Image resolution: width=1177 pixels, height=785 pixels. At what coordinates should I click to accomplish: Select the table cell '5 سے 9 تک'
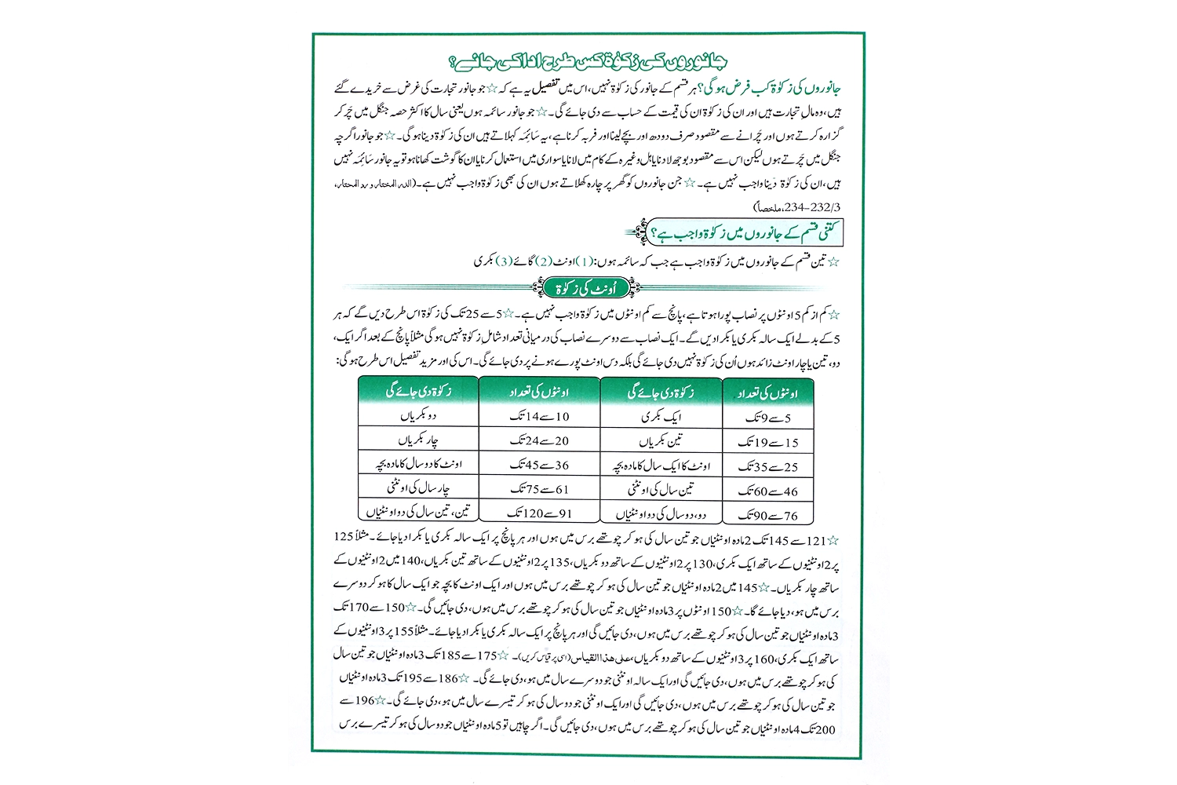coord(767,418)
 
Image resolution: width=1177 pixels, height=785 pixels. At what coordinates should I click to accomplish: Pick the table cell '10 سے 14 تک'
coord(539,416)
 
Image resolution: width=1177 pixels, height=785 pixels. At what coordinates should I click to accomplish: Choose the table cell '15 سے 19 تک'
coord(767,443)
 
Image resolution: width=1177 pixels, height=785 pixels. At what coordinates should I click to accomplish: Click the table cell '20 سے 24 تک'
coord(539,440)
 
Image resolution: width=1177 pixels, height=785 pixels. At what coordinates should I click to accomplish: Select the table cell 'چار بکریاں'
coord(418,440)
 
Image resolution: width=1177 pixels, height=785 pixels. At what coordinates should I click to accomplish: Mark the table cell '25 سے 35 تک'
coord(767,467)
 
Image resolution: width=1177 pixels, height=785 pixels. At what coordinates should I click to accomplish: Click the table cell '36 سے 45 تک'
coord(539,465)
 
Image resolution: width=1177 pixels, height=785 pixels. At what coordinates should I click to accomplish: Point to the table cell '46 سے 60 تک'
coord(767,491)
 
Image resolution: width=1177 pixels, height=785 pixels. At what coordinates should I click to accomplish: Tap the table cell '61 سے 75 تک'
coord(539,489)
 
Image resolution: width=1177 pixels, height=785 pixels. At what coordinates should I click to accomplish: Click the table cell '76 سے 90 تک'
coord(767,516)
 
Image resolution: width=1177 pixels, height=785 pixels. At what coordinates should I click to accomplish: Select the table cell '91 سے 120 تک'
coord(539,513)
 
